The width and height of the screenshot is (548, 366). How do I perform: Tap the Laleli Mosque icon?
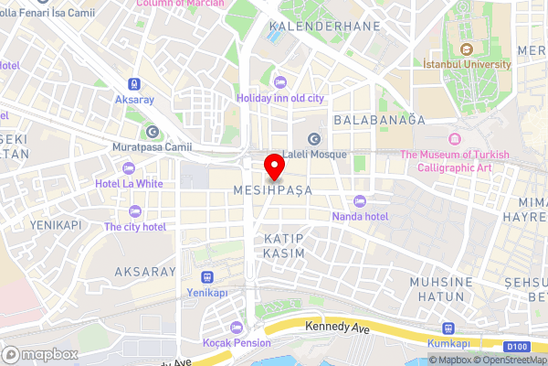[315, 139]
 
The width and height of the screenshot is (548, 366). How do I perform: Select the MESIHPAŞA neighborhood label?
[274, 189]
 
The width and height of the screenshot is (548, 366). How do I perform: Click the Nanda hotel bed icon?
[359, 201]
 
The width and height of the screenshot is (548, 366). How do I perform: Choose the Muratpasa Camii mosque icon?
[152, 131]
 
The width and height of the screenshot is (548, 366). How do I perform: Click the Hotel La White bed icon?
[128, 168]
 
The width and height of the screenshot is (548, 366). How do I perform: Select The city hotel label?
[135, 227]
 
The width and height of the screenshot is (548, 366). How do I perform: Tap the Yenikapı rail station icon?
[208, 277]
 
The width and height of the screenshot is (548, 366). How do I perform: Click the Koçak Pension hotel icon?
[237, 328]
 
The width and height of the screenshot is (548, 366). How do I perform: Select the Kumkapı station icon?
[448, 328]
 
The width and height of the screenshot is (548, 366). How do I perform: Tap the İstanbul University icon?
[467, 49]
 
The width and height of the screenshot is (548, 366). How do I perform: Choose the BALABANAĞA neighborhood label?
[380, 120]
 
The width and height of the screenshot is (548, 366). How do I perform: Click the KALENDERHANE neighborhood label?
[324, 27]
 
